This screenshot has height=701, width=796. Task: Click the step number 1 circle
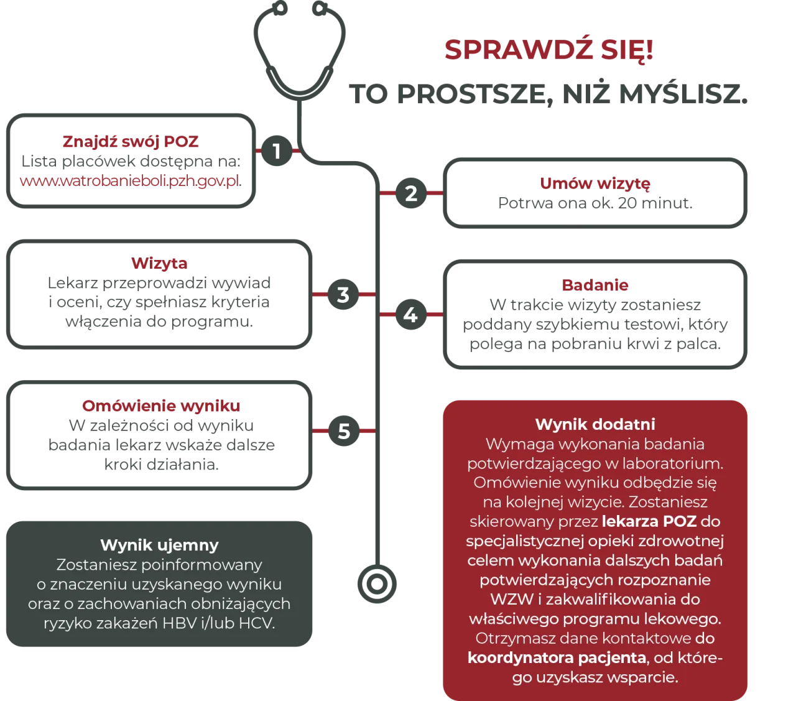pyautogui.click(x=277, y=151)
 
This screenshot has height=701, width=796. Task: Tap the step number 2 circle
pyautogui.click(x=410, y=193)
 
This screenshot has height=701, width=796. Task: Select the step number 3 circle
pyautogui.click(x=343, y=295)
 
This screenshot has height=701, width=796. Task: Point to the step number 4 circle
pyautogui.click(x=410, y=315)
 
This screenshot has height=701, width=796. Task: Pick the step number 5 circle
pyautogui.click(x=344, y=431)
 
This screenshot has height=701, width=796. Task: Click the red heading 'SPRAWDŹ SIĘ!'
pyautogui.click(x=549, y=50)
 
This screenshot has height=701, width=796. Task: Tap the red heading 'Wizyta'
pyautogui.click(x=160, y=264)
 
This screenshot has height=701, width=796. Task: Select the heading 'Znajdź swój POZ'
pyautogui.click(x=130, y=142)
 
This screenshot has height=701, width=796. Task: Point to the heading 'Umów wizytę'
pyautogui.click(x=595, y=183)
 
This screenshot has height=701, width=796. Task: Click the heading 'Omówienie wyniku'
pyautogui.click(x=161, y=406)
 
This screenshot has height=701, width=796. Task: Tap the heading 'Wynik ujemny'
pyautogui.click(x=159, y=545)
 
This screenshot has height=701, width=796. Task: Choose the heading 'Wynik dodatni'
pyautogui.click(x=595, y=424)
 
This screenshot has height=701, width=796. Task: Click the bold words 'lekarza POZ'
pyautogui.click(x=649, y=521)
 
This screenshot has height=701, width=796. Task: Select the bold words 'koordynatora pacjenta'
pyautogui.click(x=557, y=657)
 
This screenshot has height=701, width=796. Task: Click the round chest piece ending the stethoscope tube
pyautogui.click(x=376, y=585)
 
